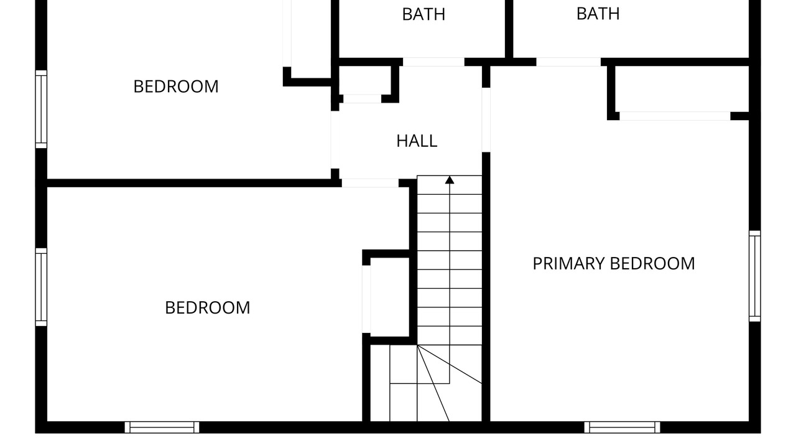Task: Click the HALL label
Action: click(417, 141)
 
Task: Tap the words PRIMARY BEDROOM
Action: click(614, 264)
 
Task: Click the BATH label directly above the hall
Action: click(423, 14)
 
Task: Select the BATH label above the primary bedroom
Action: click(598, 14)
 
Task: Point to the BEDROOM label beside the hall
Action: click(176, 86)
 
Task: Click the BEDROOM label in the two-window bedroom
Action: click(208, 308)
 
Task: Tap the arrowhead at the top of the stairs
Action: click(450, 180)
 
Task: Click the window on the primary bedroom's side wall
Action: click(755, 276)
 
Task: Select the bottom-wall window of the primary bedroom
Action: click(622, 427)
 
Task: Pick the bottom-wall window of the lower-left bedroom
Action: click(162, 427)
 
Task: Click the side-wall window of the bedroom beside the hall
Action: click(41, 109)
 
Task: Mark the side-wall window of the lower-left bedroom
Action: click(41, 287)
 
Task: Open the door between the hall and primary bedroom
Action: click(486, 120)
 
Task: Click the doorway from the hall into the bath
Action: click(433, 62)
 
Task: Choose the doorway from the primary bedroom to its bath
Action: click(568, 62)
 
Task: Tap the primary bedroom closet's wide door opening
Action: click(675, 116)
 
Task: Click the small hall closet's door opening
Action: click(362, 99)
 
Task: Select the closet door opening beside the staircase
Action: click(366, 299)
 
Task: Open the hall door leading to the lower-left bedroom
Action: click(370, 183)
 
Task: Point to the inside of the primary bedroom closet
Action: click(682, 89)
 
